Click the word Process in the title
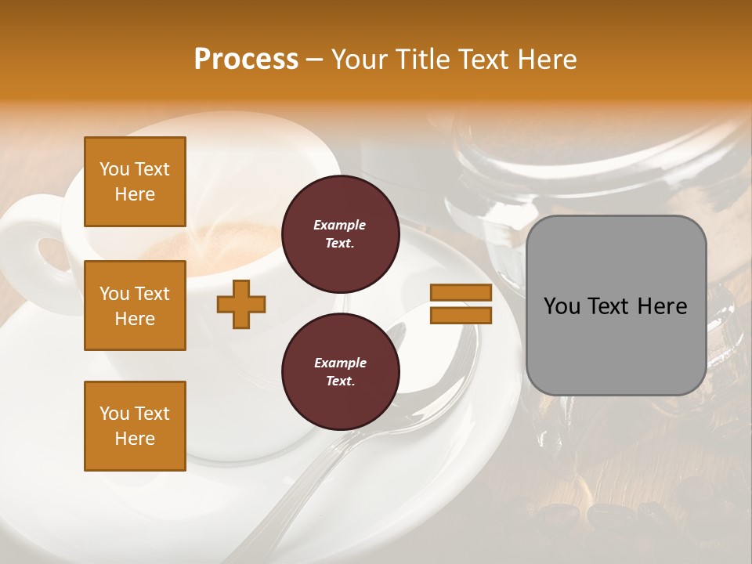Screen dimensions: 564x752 point(246,60)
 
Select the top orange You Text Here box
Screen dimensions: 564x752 point(135,182)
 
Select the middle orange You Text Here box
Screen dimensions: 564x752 point(135,305)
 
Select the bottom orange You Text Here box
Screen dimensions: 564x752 point(135,426)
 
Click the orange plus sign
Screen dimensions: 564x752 point(241,304)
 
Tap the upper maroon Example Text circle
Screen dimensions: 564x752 point(340,234)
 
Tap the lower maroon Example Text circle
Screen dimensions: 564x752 point(340,372)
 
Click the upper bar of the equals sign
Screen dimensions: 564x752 point(461,293)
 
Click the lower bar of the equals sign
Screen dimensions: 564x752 point(461,316)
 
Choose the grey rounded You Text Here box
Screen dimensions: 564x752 point(616,305)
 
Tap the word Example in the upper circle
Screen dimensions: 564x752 point(339,225)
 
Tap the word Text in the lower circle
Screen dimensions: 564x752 point(339,381)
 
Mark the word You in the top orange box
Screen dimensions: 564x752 point(114,169)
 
